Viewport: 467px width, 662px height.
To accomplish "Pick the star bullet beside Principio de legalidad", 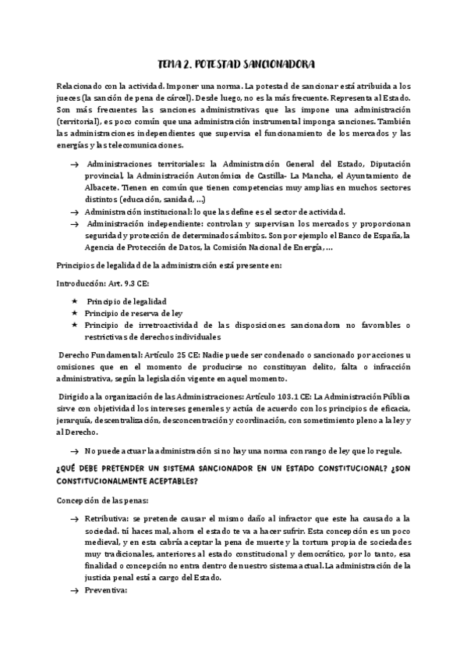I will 75,301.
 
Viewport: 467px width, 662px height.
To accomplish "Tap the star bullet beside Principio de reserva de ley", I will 75,312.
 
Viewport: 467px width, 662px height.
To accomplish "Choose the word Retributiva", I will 107,518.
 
